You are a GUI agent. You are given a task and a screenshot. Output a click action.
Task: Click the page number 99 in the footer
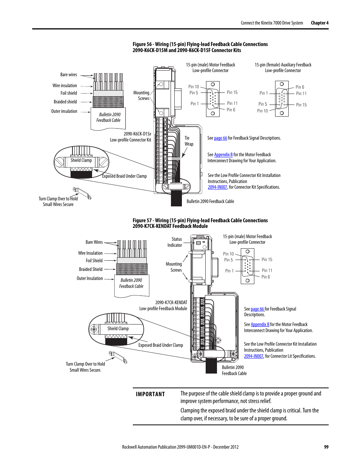326,447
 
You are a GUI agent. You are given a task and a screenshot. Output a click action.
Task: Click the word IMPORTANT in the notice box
150,394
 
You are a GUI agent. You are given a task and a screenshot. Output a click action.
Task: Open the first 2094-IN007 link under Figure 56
217,187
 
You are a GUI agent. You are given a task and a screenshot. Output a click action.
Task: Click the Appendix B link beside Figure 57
260,325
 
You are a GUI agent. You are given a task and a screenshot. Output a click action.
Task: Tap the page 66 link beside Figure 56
220,138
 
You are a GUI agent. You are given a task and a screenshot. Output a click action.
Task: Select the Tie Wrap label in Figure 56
189,141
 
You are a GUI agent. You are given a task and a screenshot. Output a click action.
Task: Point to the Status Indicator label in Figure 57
175,242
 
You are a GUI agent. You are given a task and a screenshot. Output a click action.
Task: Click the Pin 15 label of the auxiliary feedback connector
301,105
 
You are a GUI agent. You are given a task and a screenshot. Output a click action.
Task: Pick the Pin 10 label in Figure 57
228,254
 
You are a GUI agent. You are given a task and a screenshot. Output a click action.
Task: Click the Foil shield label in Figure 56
69,93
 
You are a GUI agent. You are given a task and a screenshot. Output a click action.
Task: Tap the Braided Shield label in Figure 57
91,269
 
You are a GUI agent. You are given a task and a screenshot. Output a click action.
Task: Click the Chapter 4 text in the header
320,23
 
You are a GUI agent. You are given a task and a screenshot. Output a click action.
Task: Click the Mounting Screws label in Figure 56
142,95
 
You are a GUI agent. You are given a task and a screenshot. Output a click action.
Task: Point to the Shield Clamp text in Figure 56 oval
81,160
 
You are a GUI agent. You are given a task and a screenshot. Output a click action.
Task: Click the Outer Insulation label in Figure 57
90,278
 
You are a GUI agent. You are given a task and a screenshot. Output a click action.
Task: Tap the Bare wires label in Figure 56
69,75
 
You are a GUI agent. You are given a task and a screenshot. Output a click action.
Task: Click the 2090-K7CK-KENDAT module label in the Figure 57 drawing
171,303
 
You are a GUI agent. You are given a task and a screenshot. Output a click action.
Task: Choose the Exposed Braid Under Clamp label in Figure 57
161,345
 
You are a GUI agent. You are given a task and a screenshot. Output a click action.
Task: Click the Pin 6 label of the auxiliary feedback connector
300,87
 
